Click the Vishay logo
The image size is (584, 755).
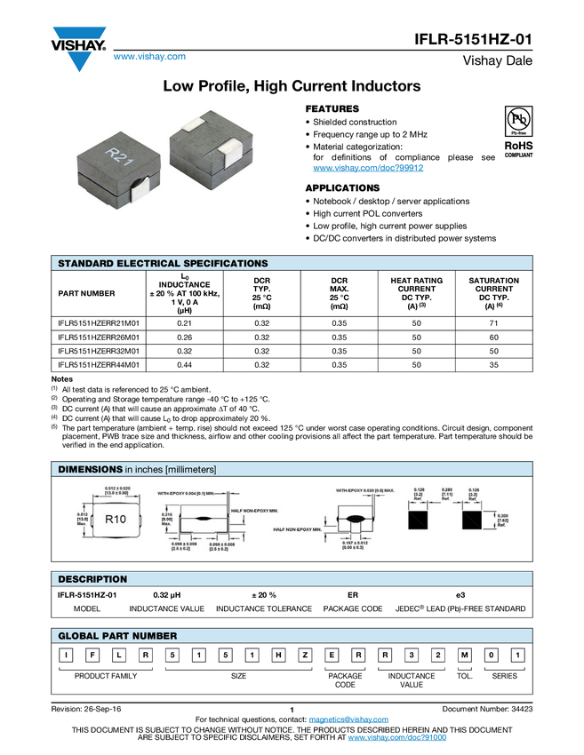click(x=78, y=49)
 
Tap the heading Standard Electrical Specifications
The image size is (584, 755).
click(x=163, y=264)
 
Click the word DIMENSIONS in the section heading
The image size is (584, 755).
click(x=90, y=469)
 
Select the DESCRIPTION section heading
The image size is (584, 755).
click(x=92, y=579)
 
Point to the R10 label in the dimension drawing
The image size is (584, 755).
click(x=116, y=519)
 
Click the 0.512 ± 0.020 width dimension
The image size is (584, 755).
click(x=117, y=491)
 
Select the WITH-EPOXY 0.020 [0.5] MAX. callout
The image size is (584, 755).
click(x=365, y=490)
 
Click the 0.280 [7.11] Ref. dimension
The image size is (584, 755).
click(x=447, y=496)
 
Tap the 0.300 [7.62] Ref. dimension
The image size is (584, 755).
click(x=501, y=520)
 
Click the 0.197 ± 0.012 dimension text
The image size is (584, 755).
click(x=361, y=544)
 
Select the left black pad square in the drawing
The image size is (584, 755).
click(x=419, y=520)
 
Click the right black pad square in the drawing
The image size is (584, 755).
click(x=472, y=520)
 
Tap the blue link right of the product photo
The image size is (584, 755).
click(x=368, y=168)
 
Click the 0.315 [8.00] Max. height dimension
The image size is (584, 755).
click(x=166, y=519)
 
